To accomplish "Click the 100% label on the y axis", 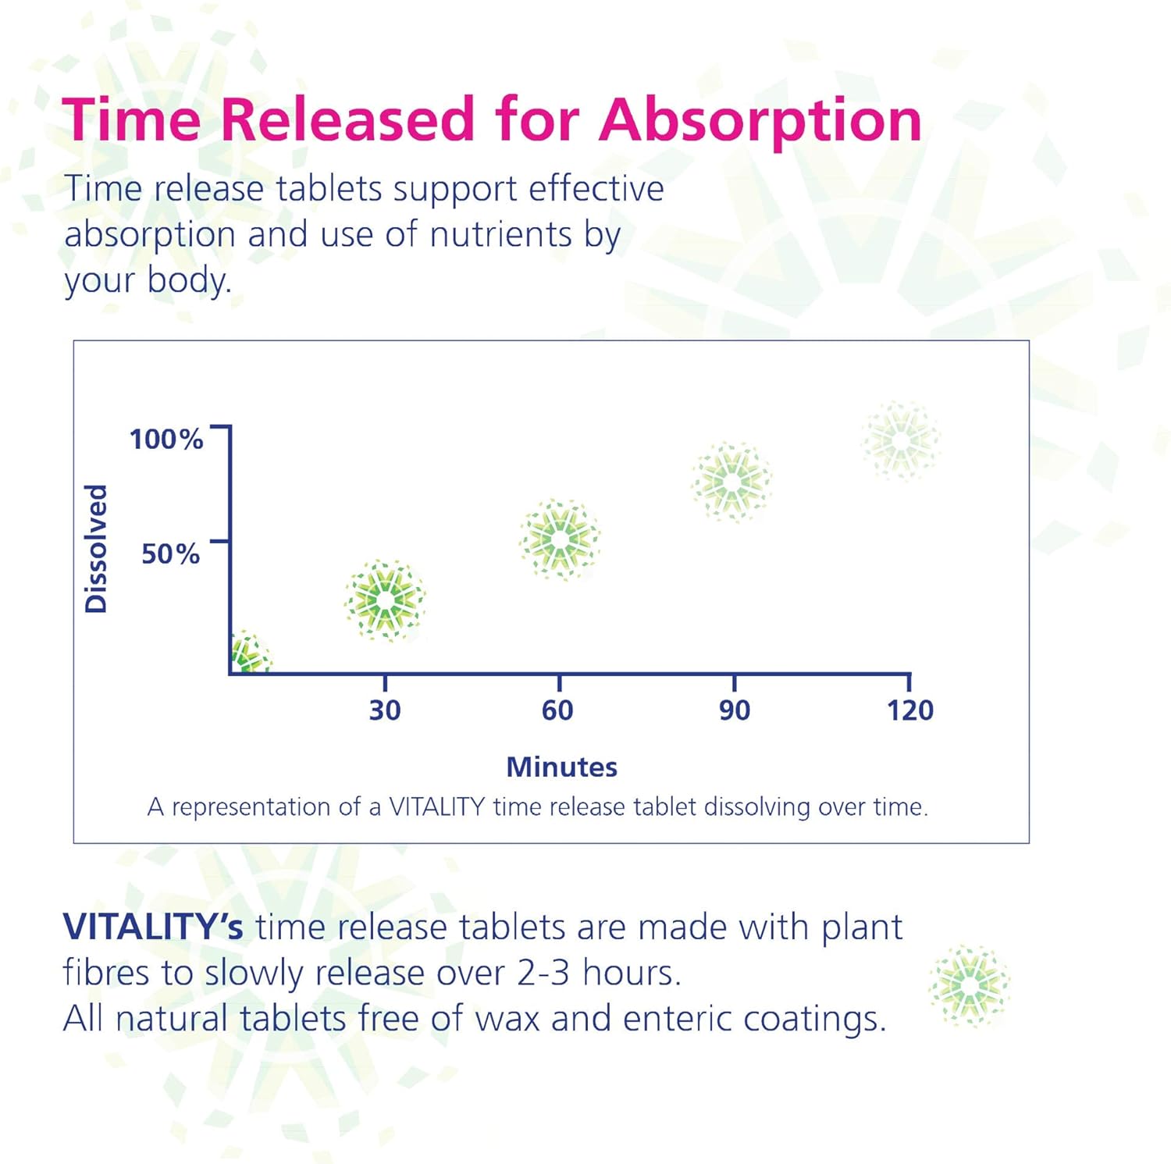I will click(x=166, y=439).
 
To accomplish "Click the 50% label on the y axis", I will click(x=170, y=554).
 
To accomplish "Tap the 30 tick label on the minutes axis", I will click(x=385, y=710).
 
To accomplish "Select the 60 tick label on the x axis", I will click(x=557, y=710).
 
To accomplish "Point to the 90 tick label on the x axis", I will click(x=735, y=710).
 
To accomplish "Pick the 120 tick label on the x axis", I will click(x=909, y=710).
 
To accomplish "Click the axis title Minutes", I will click(x=561, y=767).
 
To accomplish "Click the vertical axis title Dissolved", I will click(x=96, y=548).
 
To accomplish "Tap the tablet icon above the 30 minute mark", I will click(x=385, y=600).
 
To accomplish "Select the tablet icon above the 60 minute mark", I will click(x=560, y=539).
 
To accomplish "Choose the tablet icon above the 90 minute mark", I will click(x=731, y=482).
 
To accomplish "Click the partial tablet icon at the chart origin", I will click(x=249, y=654).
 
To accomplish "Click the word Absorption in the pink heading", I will click(x=760, y=120).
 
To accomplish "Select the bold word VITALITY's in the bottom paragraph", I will click(x=153, y=927).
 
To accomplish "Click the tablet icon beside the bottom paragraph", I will click(x=969, y=986).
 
